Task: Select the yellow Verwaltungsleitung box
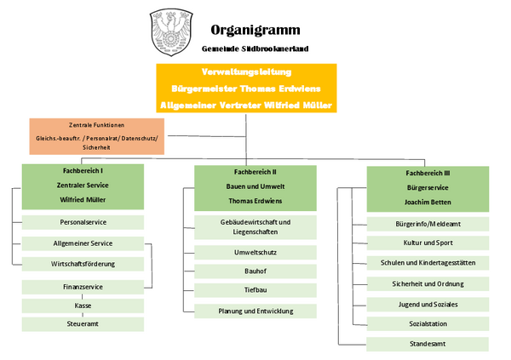[x=245, y=88]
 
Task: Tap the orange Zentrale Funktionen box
[x=96, y=136]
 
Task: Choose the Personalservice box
[x=82, y=222]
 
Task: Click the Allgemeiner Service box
[x=82, y=243]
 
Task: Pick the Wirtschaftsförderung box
[x=82, y=264]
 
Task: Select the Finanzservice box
[x=82, y=287]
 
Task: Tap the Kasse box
[x=82, y=305]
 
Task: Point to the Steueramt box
[x=82, y=324]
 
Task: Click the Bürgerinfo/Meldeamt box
[x=428, y=224]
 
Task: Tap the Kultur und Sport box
[x=428, y=243]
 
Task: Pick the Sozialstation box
[x=428, y=324]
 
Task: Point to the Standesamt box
[x=428, y=345]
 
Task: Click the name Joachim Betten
[x=428, y=202]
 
